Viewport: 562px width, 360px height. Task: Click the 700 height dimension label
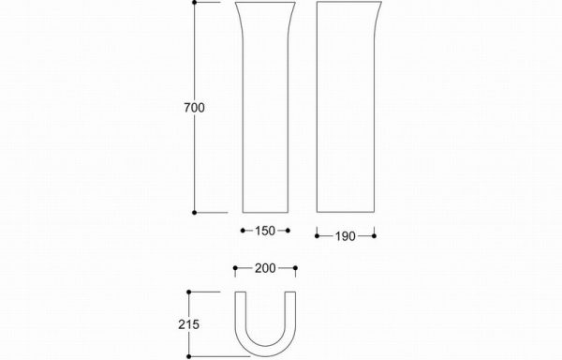point(194,108)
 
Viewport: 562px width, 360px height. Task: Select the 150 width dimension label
point(265,231)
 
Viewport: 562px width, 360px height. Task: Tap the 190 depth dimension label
point(346,236)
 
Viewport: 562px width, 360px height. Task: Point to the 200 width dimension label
point(265,268)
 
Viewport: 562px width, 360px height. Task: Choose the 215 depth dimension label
point(189,324)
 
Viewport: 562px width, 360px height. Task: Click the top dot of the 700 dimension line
point(195,2)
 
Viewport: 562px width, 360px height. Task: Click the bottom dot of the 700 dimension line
point(195,213)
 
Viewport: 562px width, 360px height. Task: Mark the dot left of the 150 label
point(243,231)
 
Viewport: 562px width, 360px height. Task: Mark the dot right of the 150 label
point(288,231)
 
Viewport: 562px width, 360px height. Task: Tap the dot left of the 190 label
point(317,236)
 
